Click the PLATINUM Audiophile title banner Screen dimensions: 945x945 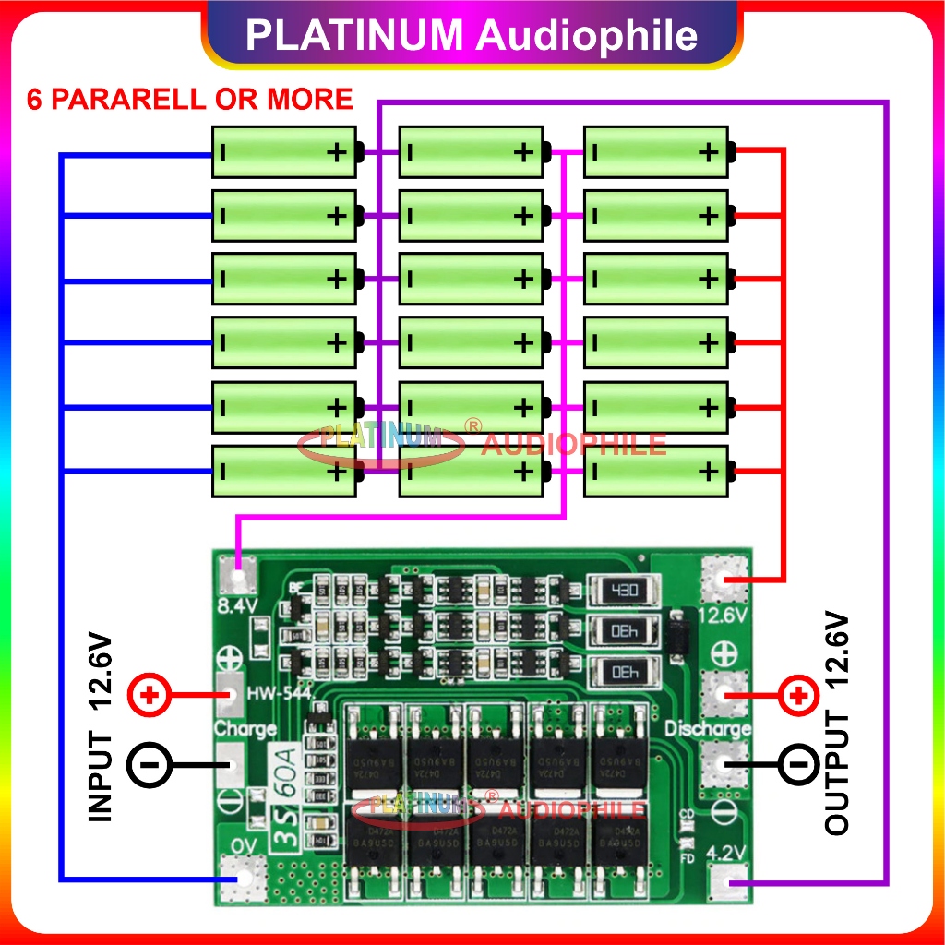click(x=472, y=35)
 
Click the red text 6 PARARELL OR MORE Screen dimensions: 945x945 click(x=190, y=100)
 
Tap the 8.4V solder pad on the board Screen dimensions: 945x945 click(x=239, y=579)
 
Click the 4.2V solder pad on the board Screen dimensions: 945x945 click(x=728, y=885)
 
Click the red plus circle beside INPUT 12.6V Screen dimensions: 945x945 click(x=145, y=694)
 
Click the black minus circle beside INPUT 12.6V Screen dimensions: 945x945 click(x=145, y=764)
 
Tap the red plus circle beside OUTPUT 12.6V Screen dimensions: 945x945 click(x=798, y=694)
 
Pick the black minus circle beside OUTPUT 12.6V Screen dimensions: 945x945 click(x=798, y=764)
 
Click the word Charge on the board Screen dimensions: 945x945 click(x=245, y=729)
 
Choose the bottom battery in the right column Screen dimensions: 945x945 click(x=656, y=472)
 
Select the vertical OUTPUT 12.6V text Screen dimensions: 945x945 click(x=837, y=723)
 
